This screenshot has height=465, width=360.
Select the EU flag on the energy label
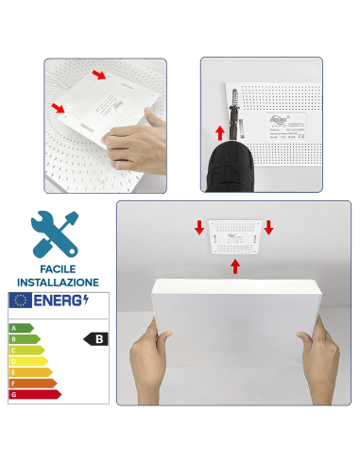click(x=20, y=301)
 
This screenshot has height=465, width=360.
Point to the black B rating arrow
click(x=94, y=337)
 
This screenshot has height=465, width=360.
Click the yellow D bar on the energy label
click(x=26, y=361)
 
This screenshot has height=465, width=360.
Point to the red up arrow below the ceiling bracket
click(x=234, y=267)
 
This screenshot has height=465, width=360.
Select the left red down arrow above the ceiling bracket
click(x=199, y=228)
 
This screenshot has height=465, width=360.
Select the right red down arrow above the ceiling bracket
click(x=269, y=228)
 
